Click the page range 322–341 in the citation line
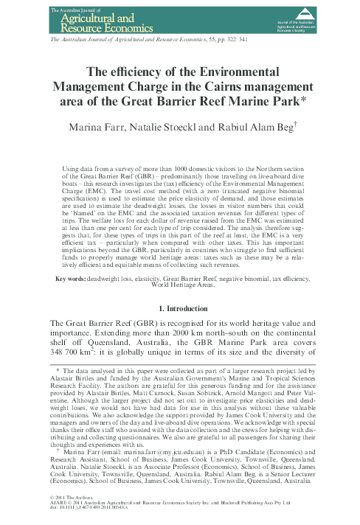coord(238,35)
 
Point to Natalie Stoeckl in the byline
coord(180,130)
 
